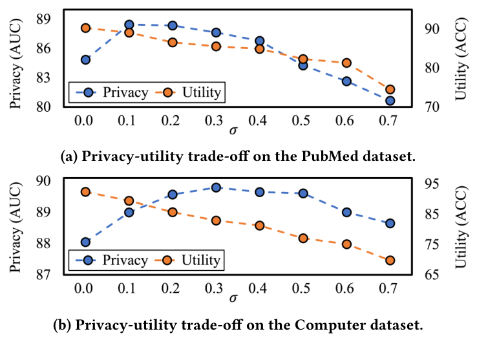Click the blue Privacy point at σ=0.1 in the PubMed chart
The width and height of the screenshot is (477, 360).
click(129, 25)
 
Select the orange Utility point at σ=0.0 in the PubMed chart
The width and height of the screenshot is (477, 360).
click(85, 28)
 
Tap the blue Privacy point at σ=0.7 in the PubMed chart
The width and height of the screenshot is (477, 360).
click(390, 101)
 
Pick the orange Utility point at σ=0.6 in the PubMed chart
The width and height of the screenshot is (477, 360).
click(346, 63)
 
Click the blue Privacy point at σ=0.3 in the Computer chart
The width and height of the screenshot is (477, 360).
click(216, 187)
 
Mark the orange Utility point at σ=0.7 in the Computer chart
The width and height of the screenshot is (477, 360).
click(390, 260)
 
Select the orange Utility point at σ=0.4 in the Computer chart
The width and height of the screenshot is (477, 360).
click(259, 226)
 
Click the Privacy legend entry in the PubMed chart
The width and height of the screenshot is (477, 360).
click(110, 92)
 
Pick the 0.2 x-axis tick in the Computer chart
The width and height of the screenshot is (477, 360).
click(172, 288)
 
